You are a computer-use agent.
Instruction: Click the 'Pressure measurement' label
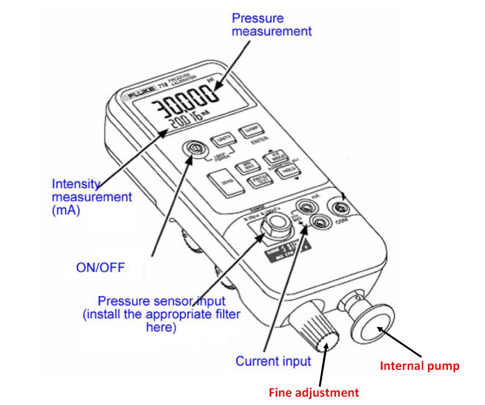[x=271, y=25]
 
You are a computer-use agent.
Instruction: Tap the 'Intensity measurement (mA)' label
[x=92, y=196]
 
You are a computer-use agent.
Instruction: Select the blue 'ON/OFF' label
[x=100, y=267]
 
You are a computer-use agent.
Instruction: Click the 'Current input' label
[x=273, y=361]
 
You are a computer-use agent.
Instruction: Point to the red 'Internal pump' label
[x=419, y=366]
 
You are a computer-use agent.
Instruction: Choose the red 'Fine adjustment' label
[x=314, y=393]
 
